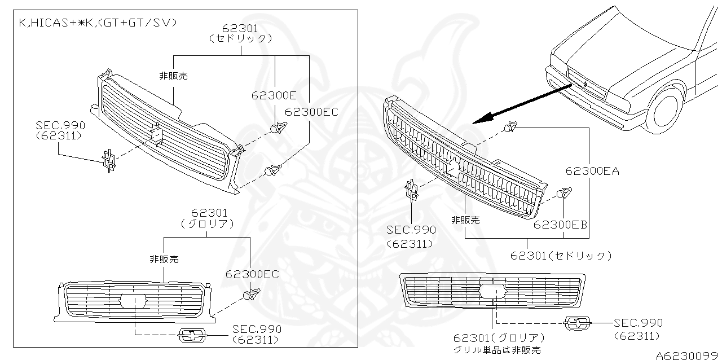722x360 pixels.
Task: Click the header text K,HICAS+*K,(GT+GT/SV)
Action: (98, 23)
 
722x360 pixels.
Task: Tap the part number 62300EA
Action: (592, 171)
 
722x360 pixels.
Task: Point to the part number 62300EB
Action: (561, 224)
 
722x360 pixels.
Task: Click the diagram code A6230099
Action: (688, 355)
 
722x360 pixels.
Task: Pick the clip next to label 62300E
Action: (277, 128)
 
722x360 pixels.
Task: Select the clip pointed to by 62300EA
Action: (510, 128)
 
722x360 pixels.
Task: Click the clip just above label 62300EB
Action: (563, 194)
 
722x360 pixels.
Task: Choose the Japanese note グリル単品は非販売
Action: (497, 350)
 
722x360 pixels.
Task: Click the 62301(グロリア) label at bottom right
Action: (500, 338)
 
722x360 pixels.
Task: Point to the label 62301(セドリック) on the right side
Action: (561, 256)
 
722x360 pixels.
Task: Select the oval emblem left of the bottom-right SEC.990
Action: (578, 323)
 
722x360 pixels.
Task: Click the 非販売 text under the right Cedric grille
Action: (465, 220)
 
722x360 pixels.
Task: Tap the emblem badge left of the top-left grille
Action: (109, 160)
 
